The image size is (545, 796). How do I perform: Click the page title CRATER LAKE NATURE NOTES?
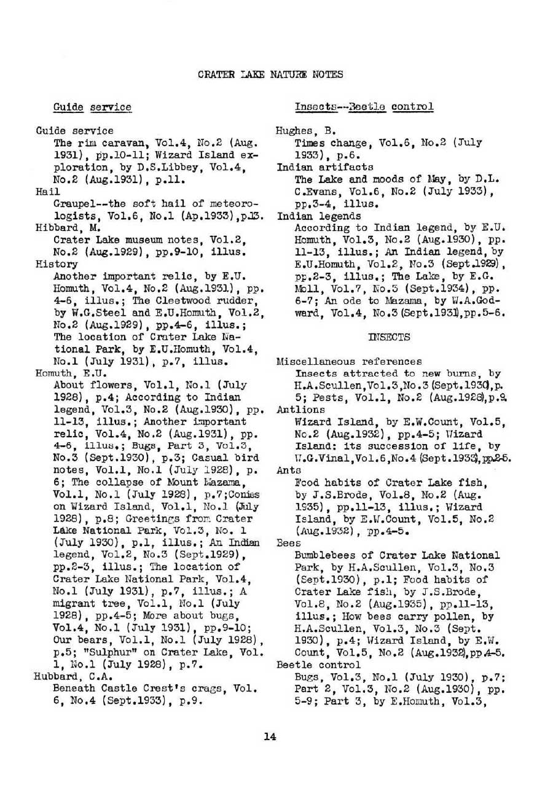(270, 74)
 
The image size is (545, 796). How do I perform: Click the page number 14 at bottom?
(270, 736)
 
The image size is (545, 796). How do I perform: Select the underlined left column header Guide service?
(92, 107)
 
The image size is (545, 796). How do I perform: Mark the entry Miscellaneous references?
(349, 361)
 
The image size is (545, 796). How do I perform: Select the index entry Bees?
(288, 543)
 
